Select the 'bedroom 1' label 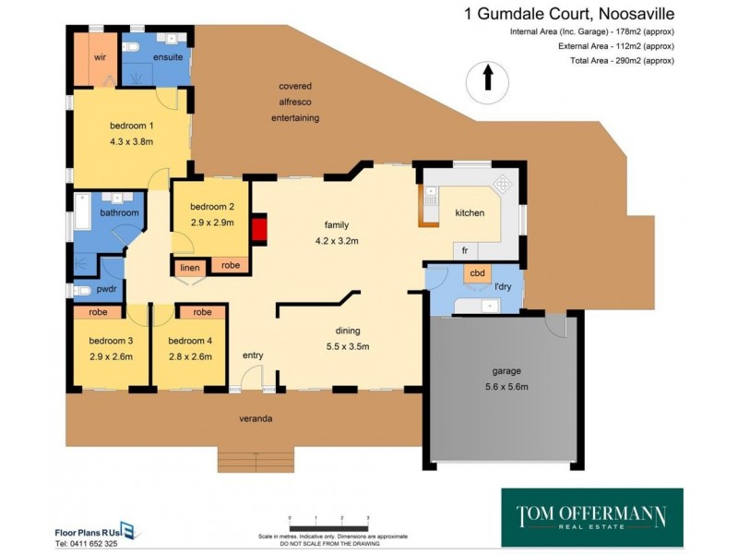click(131, 126)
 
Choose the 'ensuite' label click(167, 56)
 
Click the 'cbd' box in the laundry click(478, 273)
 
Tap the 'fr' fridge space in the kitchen click(466, 250)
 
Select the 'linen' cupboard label click(190, 268)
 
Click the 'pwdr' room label click(93, 288)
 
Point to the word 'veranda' click(256, 419)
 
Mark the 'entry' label click(253, 355)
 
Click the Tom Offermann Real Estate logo click(591, 517)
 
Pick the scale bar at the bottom click(328, 524)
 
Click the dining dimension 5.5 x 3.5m click(348, 347)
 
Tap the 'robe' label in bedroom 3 click(98, 312)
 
